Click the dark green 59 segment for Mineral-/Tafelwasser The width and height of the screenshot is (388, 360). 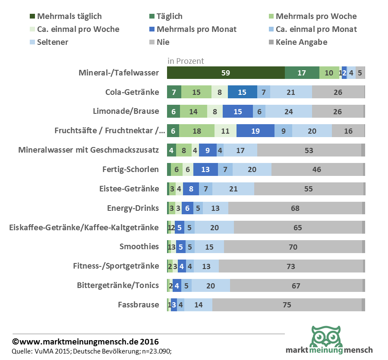pos(226,73)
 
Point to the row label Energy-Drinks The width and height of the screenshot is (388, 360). pos(133,208)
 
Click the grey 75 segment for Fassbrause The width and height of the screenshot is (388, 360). pos(287,305)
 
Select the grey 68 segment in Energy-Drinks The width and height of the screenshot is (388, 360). pos(295,208)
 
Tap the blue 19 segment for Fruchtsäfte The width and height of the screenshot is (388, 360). pos(256,131)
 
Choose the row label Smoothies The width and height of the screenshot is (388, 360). pos(139,247)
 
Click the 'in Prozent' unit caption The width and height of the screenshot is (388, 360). pos(186,61)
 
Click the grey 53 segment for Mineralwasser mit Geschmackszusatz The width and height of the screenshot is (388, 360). pos(309,150)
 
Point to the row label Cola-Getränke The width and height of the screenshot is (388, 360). pos(132,92)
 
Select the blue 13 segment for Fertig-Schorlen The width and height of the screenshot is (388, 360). pos(205,169)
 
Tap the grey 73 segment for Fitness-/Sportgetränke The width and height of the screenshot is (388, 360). pos(291,266)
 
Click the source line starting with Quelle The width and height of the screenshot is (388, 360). pos(95,351)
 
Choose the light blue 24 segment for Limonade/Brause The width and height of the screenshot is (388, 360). pos(288,112)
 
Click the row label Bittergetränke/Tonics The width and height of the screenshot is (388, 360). pos(118,285)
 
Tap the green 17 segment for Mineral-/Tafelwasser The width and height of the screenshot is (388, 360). pos(302,73)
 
